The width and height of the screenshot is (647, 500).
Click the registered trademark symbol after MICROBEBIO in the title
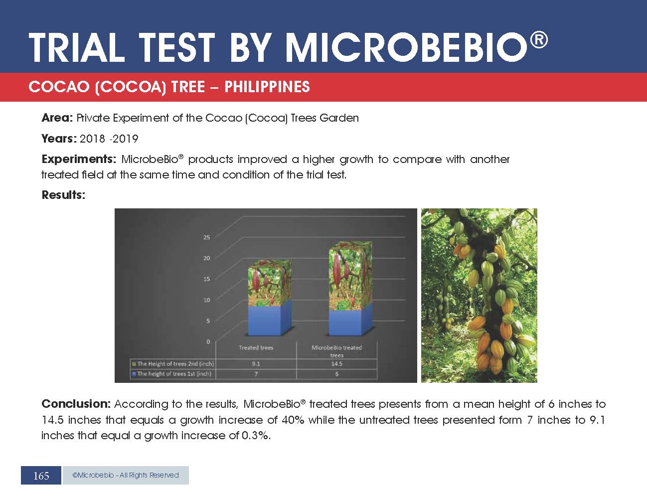(x=539, y=40)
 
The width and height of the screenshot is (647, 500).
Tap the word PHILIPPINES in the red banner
(x=267, y=87)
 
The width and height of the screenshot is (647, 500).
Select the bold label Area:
(x=57, y=118)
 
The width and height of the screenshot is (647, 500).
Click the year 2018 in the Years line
(x=92, y=139)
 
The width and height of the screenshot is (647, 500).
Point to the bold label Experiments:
(x=79, y=160)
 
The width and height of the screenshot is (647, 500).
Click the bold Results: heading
(x=63, y=195)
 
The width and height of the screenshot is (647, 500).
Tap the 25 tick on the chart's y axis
(x=207, y=237)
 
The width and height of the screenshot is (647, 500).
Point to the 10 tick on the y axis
(x=207, y=300)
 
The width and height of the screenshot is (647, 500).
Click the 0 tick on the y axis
(x=208, y=341)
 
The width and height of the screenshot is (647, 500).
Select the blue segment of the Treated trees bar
(x=269, y=320)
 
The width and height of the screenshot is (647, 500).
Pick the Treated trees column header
(x=256, y=347)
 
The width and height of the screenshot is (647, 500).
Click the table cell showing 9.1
(x=256, y=363)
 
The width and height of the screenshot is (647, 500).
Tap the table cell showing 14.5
(x=337, y=363)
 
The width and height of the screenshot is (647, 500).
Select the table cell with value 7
(x=256, y=374)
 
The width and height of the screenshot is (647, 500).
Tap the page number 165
(x=41, y=476)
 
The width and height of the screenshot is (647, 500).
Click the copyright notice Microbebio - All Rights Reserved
(x=125, y=475)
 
